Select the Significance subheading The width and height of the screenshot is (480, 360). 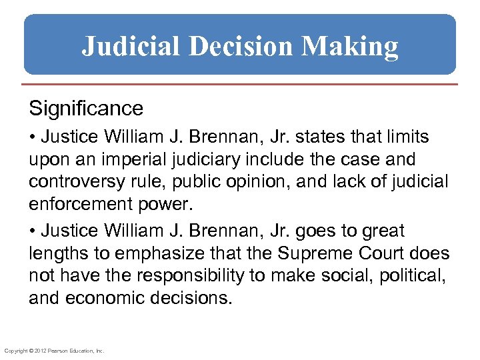coord(85,108)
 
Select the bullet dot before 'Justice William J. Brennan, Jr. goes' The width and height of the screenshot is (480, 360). coord(33,231)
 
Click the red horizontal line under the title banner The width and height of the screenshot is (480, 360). coord(240,85)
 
